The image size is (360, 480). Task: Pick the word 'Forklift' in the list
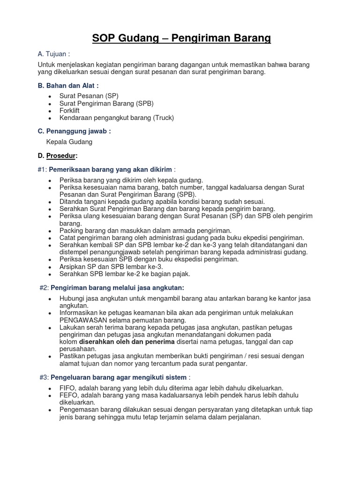69,111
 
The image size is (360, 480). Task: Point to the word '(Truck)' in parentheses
163,118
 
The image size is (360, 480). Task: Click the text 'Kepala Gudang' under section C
69,142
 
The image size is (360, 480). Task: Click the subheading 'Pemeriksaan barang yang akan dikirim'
111,169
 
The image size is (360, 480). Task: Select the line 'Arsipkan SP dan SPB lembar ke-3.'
111,267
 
